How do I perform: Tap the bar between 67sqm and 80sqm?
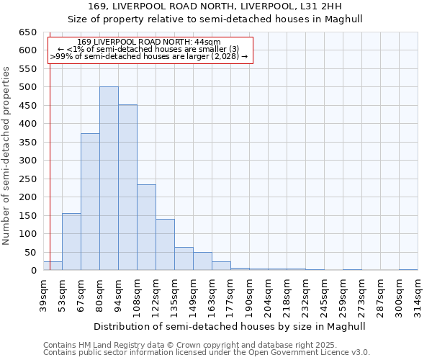point(90,202)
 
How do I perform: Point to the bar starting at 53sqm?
point(71,242)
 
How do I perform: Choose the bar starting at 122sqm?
point(165,245)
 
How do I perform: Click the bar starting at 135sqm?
point(184,258)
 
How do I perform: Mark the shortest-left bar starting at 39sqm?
point(53,266)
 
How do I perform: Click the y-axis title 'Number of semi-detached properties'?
point(7,156)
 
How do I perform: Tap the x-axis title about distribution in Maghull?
point(230,326)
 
